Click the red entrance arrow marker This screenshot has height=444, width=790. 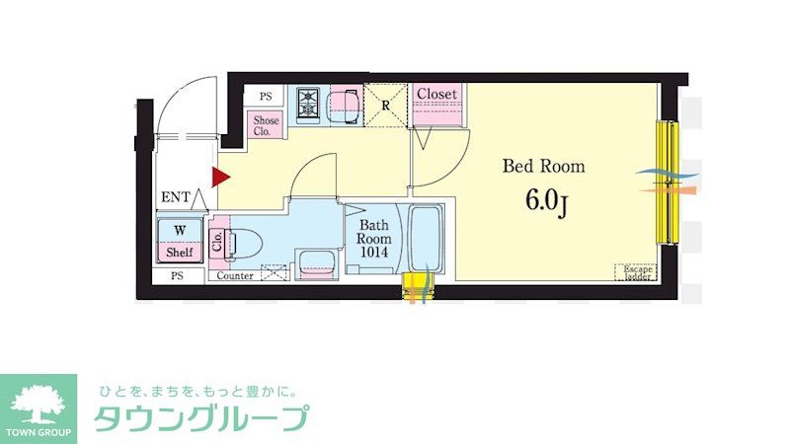[220, 178]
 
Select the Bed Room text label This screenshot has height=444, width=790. [543, 166]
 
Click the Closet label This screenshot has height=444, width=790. [436, 94]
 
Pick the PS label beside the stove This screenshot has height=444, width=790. [266, 97]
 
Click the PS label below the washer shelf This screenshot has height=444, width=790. [178, 276]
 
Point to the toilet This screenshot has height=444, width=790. [241, 242]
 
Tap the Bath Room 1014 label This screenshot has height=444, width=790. [374, 239]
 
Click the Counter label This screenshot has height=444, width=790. [234, 276]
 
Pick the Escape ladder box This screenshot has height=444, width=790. [636, 271]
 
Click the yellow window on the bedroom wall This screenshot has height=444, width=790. [670, 183]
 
